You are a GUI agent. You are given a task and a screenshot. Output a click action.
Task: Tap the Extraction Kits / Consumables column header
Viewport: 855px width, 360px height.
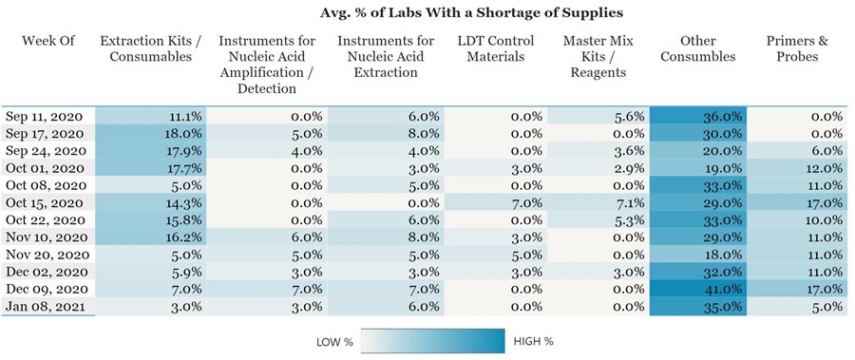pyautogui.click(x=145, y=48)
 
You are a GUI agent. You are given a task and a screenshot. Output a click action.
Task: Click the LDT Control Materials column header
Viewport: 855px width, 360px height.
pyautogui.click(x=495, y=48)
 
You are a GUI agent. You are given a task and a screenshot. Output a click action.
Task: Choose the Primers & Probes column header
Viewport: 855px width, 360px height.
pyautogui.click(x=804, y=48)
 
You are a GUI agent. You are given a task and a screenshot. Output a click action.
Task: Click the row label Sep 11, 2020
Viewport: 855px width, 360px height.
pyautogui.click(x=47, y=115)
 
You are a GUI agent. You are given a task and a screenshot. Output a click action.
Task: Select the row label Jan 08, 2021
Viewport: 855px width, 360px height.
pyautogui.click(x=47, y=306)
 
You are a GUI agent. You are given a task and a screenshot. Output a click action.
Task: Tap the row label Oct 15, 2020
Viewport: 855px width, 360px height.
pyautogui.click(x=47, y=201)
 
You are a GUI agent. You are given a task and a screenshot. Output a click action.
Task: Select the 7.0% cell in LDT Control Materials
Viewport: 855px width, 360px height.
pyautogui.click(x=495, y=201)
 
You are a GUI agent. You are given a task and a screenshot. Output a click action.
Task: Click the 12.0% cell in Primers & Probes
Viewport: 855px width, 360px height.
pyautogui.click(x=804, y=167)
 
